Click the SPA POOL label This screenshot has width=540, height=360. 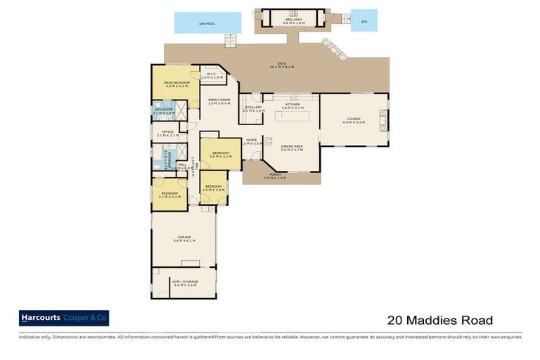click(206, 24)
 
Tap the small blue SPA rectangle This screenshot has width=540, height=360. click(364, 21)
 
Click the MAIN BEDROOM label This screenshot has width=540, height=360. click(175, 84)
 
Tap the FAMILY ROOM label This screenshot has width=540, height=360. click(219, 101)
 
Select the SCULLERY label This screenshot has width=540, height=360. click(254, 108)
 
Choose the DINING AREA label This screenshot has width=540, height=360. click(292, 148)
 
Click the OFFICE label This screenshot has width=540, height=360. click(167, 134)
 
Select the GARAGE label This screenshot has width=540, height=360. click(184, 239)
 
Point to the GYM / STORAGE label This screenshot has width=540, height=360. click(184, 283)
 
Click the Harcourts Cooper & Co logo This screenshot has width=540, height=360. click(64, 319)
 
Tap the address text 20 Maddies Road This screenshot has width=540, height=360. click(440, 321)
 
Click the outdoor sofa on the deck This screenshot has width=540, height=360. click(334, 49)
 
